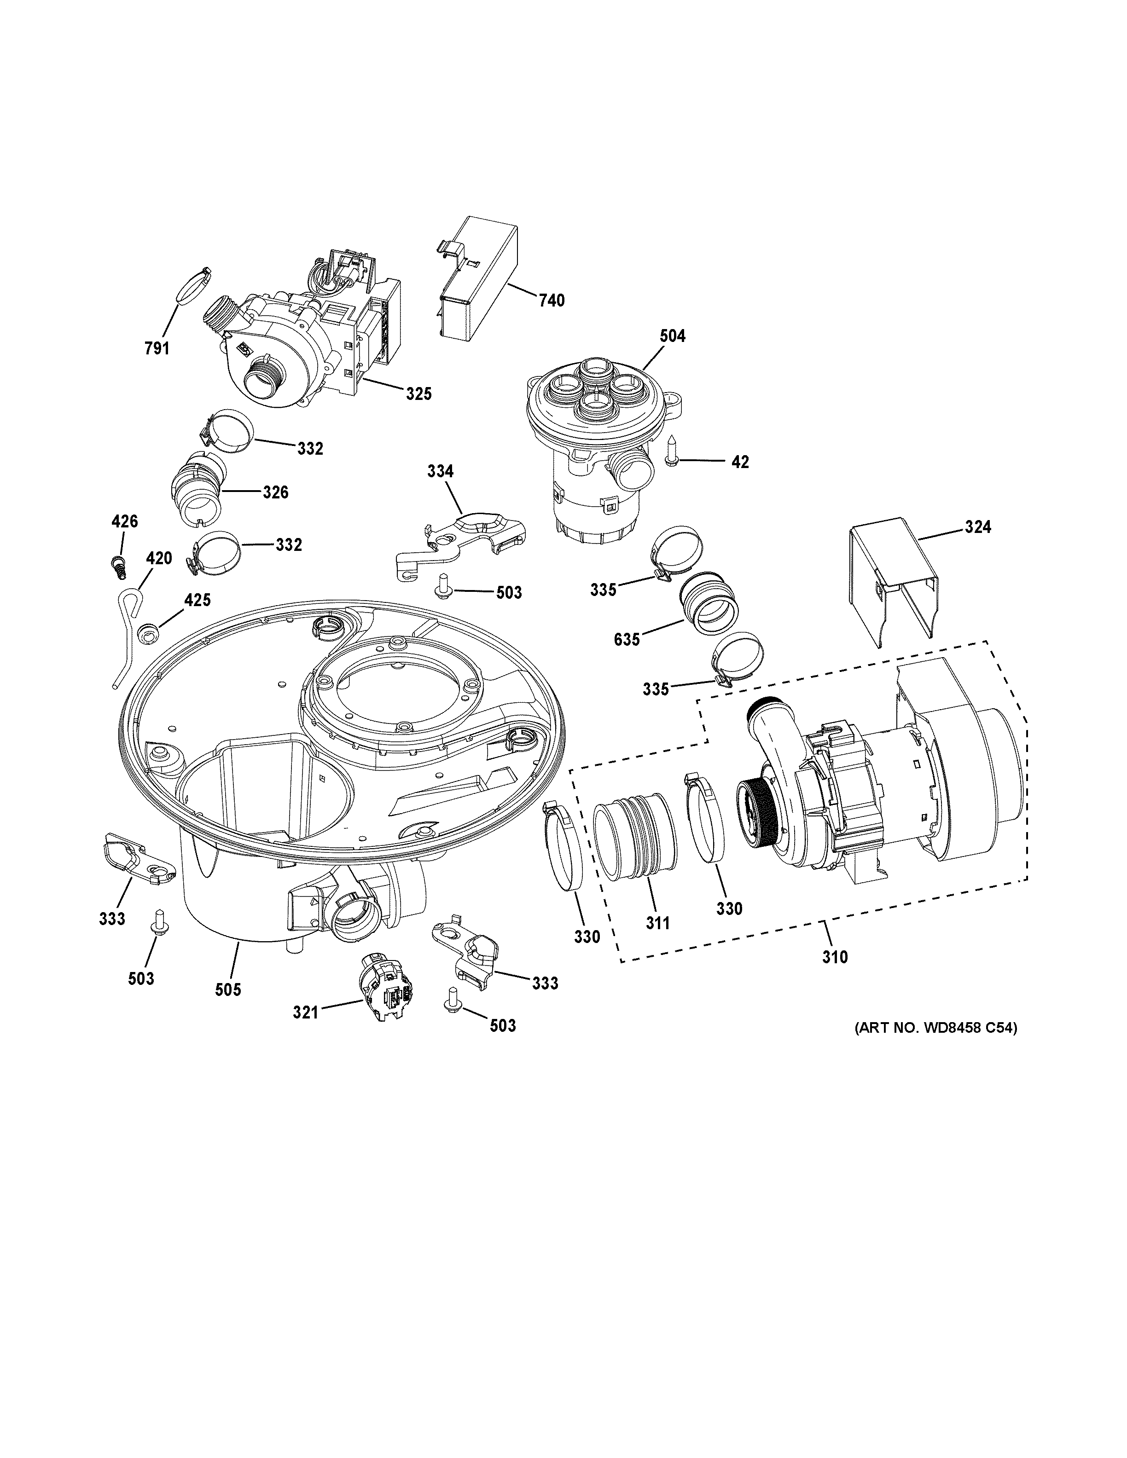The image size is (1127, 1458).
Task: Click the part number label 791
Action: point(157,348)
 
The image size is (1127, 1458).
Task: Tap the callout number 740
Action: point(552,301)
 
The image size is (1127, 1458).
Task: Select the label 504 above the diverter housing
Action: point(672,336)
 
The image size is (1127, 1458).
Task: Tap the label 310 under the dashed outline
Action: point(835,957)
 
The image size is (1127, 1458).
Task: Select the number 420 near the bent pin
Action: point(159,558)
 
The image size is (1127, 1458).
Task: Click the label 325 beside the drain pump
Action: point(418,394)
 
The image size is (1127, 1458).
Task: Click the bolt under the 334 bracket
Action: point(442,586)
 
